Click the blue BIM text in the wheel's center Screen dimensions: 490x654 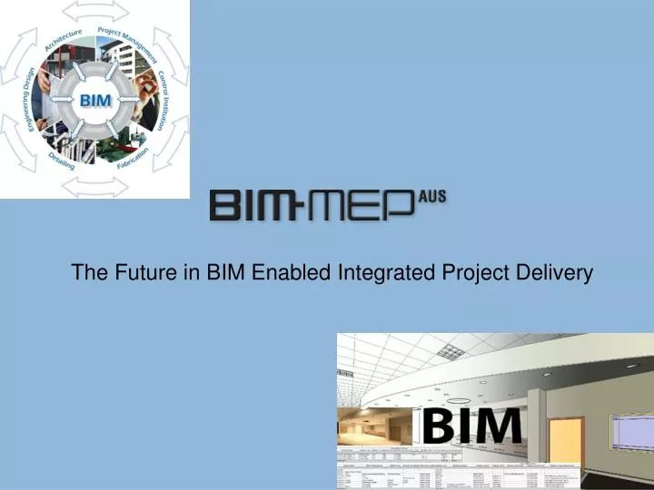click(x=94, y=100)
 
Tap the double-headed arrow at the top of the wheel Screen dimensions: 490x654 click(x=94, y=11)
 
